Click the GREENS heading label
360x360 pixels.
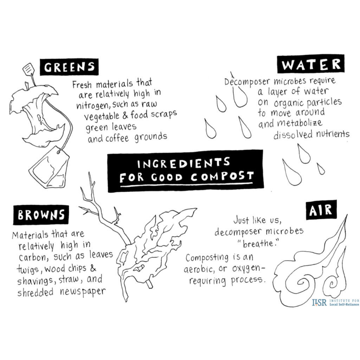pos(69,67)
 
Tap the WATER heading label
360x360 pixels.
pos(311,64)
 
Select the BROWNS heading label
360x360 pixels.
pos(41,215)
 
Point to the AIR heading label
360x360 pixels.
pos(321,210)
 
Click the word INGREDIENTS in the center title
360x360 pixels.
pos(184,163)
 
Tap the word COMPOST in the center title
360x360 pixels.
pos(222,176)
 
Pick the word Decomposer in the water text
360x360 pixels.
pos(247,82)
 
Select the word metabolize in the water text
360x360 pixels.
pos(300,123)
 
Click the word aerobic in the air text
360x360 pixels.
pos(199,269)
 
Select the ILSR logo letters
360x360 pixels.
pos(319,303)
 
